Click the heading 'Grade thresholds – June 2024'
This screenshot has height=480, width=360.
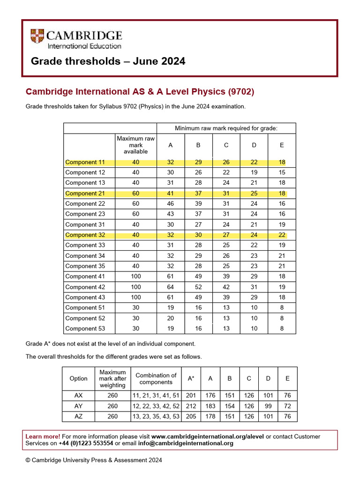pyautogui.click(x=108, y=61)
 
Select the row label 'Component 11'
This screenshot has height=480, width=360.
pyautogui.click(x=85, y=162)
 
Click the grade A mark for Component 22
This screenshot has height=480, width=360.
pyautogui.click(x=170, y=204)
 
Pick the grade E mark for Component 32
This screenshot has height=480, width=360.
pyautogui.click(x=282, y=235)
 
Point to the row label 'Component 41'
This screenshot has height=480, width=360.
pyautogui.click(x=85, y=277)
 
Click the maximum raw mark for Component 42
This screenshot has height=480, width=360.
pyautogui.click(x=135, y=287)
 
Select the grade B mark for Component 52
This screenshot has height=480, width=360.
pyautogui.click(x=198, y=318)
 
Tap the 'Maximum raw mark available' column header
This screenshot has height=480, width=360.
pyautogui.click(x=135, y=145)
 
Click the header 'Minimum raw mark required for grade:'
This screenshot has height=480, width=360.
pyautogui.click(x=226, y=128)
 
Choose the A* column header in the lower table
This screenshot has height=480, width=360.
pyautogui.click(x=191, y=378)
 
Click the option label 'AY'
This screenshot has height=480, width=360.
pyautogui.click(x=78, y=406)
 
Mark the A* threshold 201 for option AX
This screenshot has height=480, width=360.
pyautogui.click(x=191, y=396)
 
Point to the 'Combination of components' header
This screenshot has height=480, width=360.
pyautogui.click(x=156, y=378)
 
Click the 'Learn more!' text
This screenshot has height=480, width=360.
pyautogui.click(x=43, y=436)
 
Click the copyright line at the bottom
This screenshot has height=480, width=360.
pyautogui.click(x=94, y=460)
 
